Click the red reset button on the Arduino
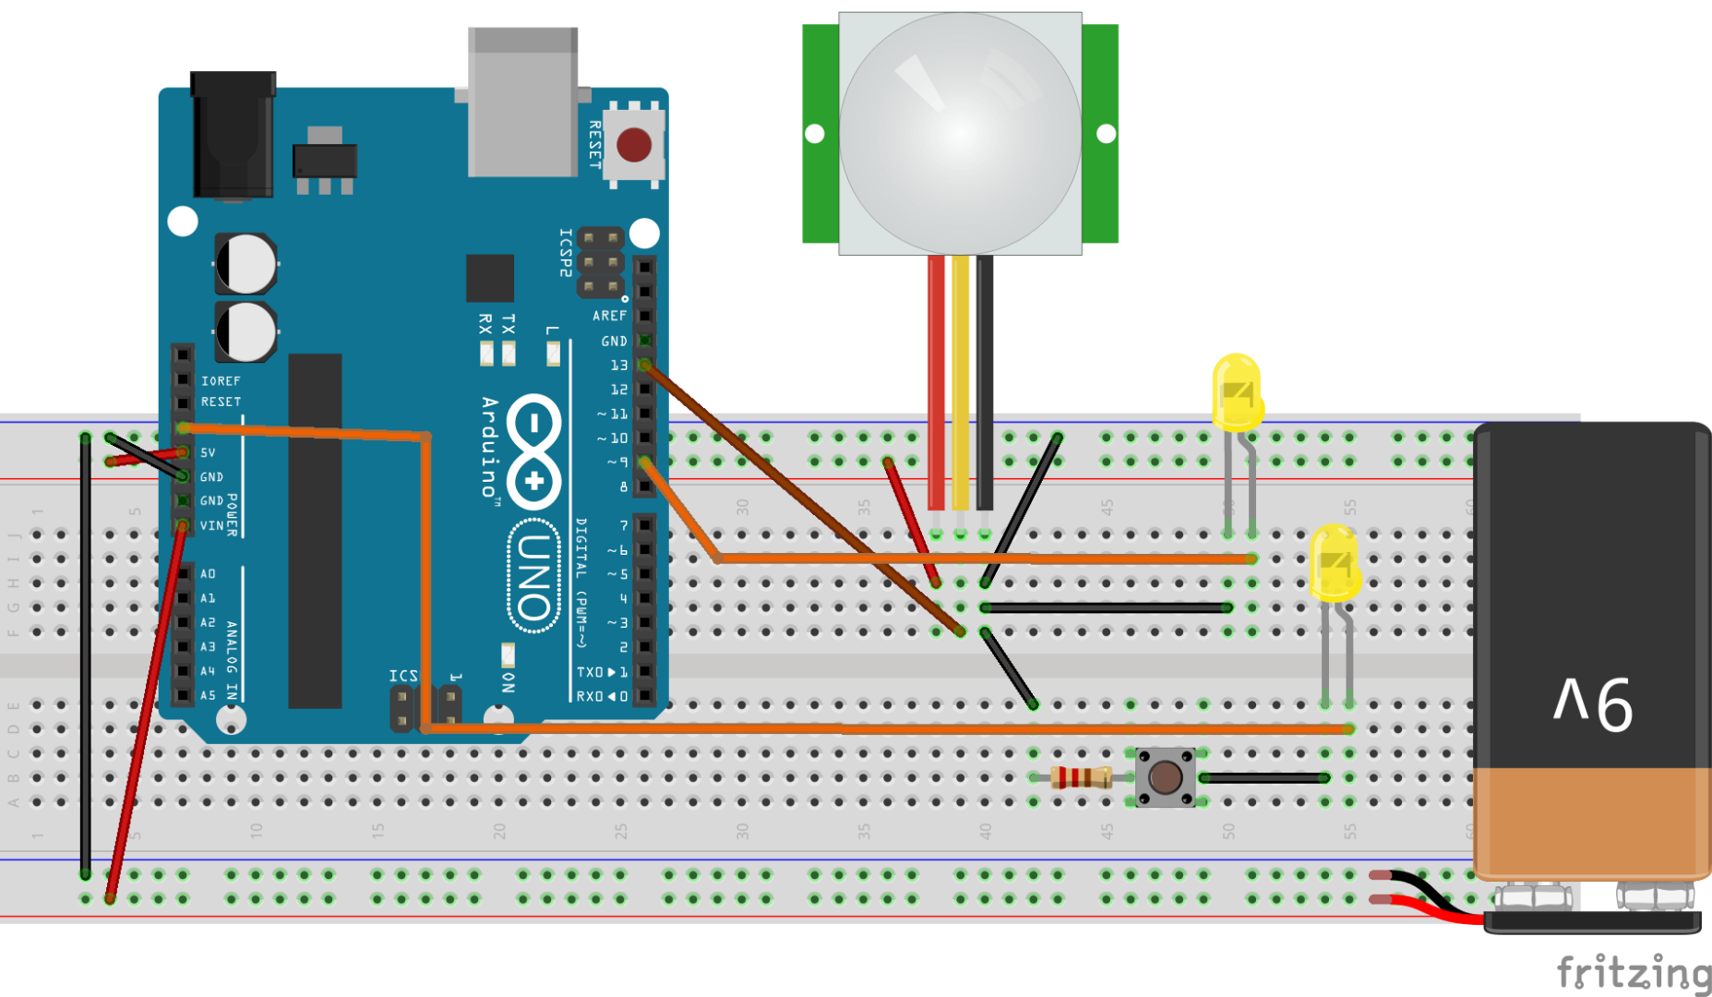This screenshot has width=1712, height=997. click(x=634, y=145)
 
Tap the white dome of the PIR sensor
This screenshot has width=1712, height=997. click(x=960, y=134)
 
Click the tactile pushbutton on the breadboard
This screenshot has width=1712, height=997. click(x=1165, y=777)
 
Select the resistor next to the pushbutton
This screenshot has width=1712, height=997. click(x=1082, y=777)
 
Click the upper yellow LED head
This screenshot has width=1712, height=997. click(x=1237, y=392)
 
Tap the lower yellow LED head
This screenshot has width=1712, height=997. click(x=1335, y=563)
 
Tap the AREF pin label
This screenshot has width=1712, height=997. click(x=609, y=316)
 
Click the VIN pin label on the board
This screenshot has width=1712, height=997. click(x=212, y=525)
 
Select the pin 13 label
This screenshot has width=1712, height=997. click(x=618, y=366)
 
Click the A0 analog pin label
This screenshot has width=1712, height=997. click(x=209, y=573)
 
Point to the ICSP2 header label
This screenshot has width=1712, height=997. click(x=566, y=252)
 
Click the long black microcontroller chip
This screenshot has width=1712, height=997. click(x=315, y=531)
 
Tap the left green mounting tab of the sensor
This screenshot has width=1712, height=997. click(x=820, y=134)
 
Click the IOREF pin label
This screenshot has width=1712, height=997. click(x=221, y=380)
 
